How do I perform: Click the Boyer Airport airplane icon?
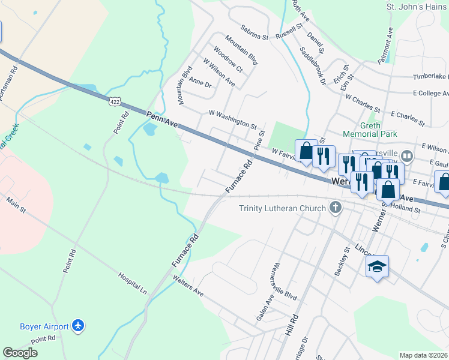[x=77, y=326]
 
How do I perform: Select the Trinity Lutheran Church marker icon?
[x=336, y=208]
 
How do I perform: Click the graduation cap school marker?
[x=378, y=266]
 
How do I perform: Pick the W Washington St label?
[x=233, y=119]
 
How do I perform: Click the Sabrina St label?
[x=254, y=32]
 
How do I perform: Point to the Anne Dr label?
[x=200, y=82]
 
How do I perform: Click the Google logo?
[x=20, y=353]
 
